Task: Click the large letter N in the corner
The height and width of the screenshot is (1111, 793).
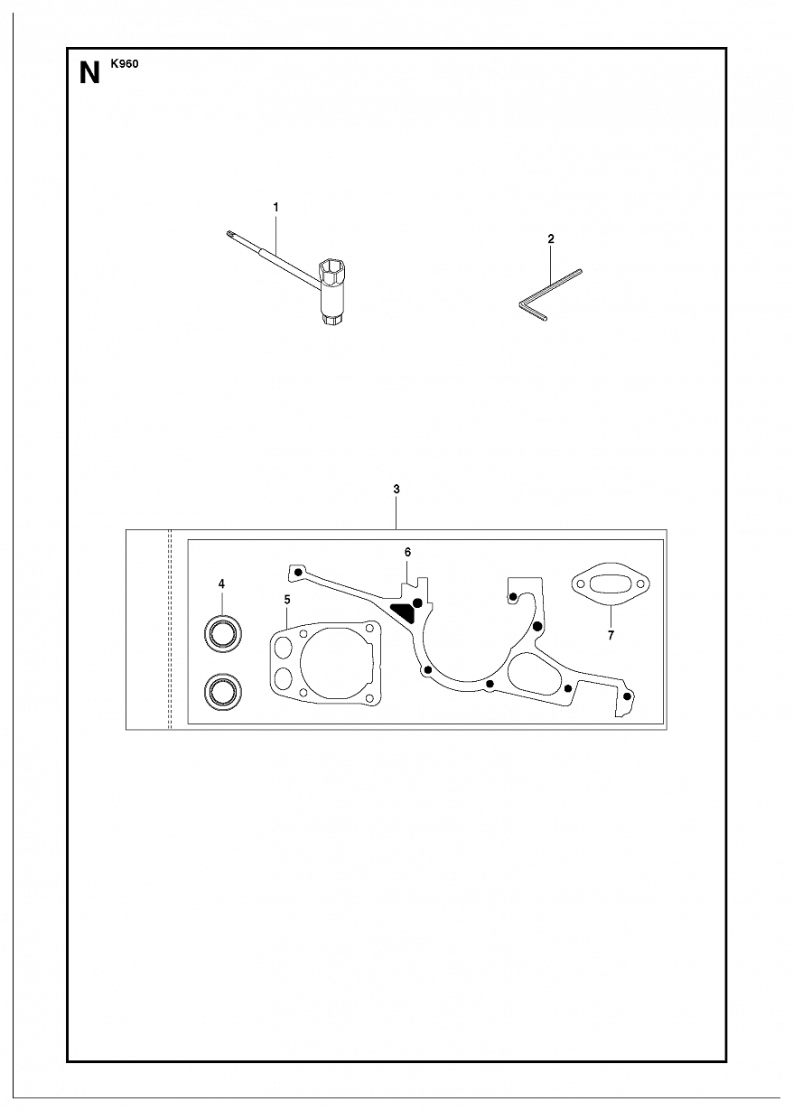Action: [89, 74]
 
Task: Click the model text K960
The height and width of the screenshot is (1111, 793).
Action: [125, 64]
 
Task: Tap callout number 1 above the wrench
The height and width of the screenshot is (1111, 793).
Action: [275, 208]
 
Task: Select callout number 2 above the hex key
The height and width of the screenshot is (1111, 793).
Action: [550, 239]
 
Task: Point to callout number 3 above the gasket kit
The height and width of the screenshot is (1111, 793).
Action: [396, 489]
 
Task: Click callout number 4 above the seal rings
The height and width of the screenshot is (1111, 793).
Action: [221, 584]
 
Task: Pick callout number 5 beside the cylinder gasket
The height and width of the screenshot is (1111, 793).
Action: [287, 600]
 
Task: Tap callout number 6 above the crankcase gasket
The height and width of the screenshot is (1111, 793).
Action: [407, 552]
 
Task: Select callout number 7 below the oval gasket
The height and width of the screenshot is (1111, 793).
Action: [611, 635]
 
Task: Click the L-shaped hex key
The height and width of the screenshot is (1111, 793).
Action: [550, 295]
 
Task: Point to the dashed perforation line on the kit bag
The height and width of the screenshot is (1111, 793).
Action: [169, 630]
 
